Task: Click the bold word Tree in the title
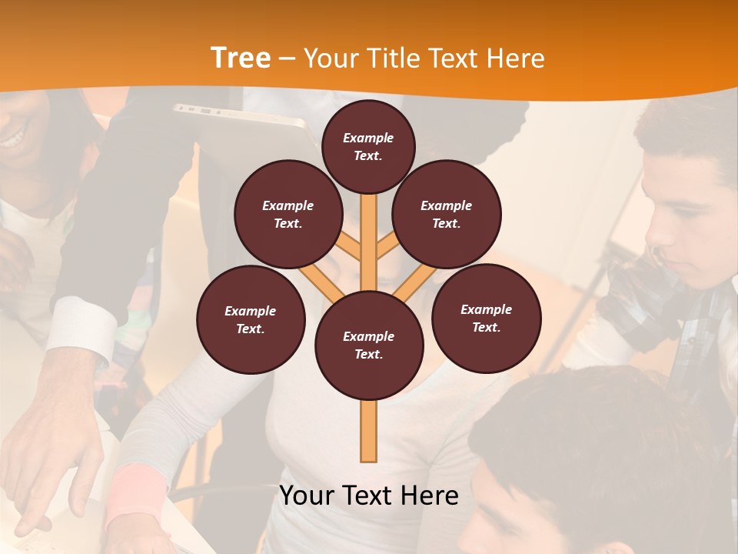tap(241, 58)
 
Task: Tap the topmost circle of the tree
tap(368, 146)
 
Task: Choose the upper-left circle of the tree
tap(288, 214)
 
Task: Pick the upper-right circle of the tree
tap(447, 214)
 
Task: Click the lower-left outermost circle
tap(251, 319)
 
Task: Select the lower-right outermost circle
tap(487, 318)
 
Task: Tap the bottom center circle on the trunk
tap(369, 345)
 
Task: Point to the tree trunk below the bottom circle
tap(369, 431)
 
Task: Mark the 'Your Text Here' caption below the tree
tap(369, 496)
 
